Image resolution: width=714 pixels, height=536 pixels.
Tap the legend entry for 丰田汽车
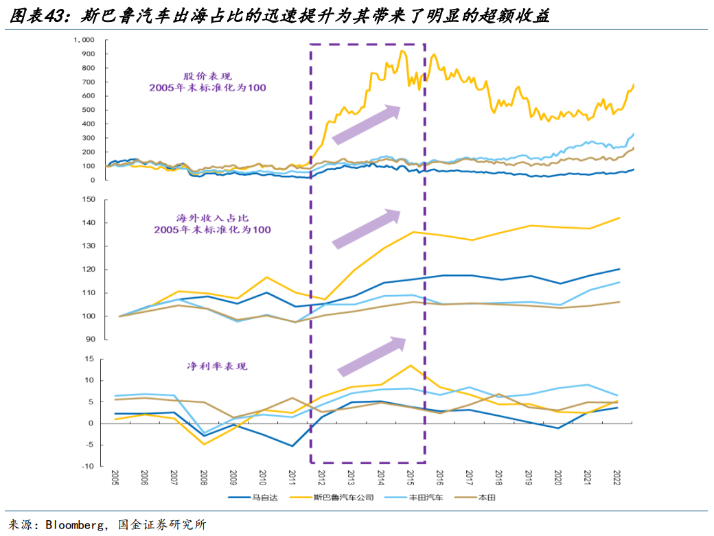pyautogui.click(x=427, y=498)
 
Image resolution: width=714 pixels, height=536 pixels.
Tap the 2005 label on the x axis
pyautogui.click(x=115, y=478)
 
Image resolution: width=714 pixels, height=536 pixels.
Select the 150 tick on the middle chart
pyautogui.click(x=87, y=200)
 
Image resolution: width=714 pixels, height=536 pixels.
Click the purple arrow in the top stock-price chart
pyautogui.click(x=365, y=125)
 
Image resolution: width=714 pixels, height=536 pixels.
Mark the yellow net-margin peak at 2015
pyautogui.click(x=410, y=365)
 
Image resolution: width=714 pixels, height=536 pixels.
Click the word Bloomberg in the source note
pyautogui.click(x=76, y=525)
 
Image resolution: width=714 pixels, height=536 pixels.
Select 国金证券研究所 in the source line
pyautogui.click(x=163, y=525)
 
